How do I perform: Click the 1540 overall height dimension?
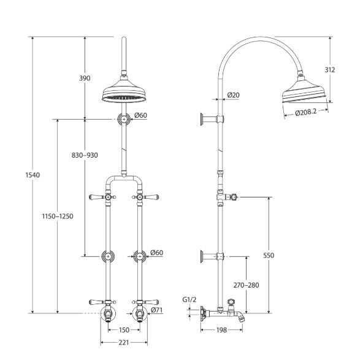point(32,175)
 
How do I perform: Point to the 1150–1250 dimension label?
point(58,216)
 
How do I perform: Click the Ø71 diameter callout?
point(157,311)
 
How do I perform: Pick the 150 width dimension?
point(124,330)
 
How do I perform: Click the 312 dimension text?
point(330,70)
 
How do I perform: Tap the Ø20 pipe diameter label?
point(233,95)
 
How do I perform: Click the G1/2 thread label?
point(189,300)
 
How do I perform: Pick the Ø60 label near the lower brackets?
point(157,253)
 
